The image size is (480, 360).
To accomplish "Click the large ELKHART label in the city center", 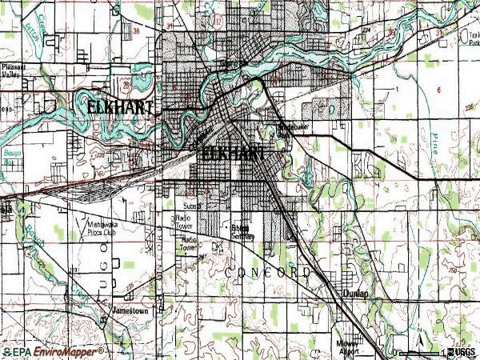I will pyautogui.click(x=234, y=154).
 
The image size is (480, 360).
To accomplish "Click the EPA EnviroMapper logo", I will pyautogui.click(x=53, y=351).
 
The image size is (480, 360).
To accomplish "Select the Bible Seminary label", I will pyautogui.click(x=242, y=233).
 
